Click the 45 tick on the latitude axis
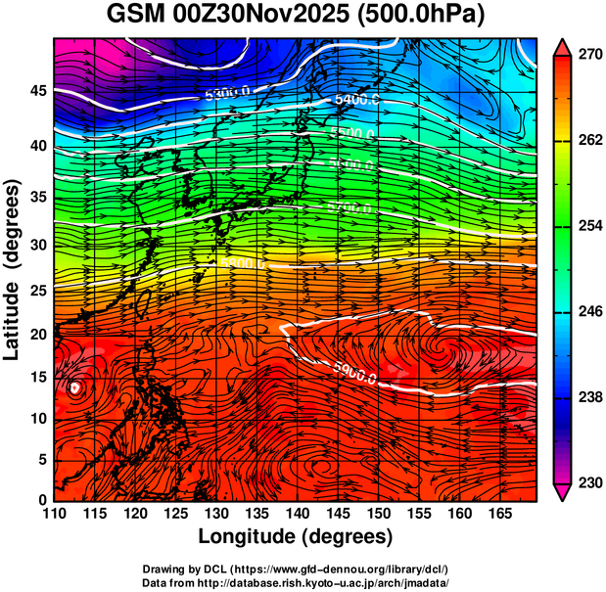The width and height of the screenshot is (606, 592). coord(36,90)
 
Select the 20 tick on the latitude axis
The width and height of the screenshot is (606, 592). coord(36,334)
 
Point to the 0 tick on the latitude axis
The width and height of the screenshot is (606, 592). coord(41,500)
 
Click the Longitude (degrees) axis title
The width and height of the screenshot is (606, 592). coord(296,536)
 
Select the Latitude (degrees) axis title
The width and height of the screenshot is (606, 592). coord(14,269)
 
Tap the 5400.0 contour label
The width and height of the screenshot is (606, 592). coord(356,100)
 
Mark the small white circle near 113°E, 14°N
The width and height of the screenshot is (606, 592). coord(76,387)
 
